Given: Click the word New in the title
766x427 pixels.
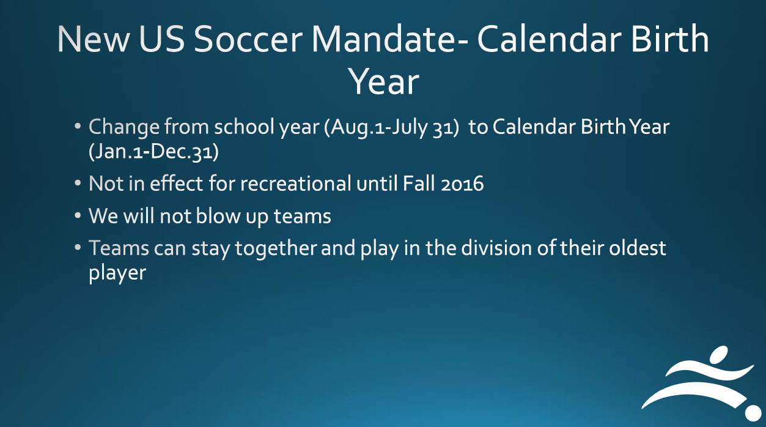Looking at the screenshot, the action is pyautogui.click(x=93, y=39).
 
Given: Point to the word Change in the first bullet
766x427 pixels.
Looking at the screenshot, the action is pyautogui.click(x=123, y=127).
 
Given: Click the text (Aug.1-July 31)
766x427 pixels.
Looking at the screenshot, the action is pyautogui.click(x=391, y=127).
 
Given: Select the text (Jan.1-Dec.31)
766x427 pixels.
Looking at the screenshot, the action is pyautogui.click(x=153, y=152).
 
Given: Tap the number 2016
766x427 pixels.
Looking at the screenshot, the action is pyautogui.click(x=462, y=184).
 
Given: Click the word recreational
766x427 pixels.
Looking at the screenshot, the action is pyautogui.click(x=295, y=183).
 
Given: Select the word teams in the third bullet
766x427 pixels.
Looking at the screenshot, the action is pyautogui.click(x=302, y=216).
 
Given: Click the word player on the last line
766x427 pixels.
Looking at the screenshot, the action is pyautogui.click(x=117, y=273).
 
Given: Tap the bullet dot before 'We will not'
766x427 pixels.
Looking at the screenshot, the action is pyautogui.click(x=78, y=215).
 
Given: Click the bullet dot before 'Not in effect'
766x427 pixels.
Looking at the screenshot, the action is pyautogui.click(x=78, y=183).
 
